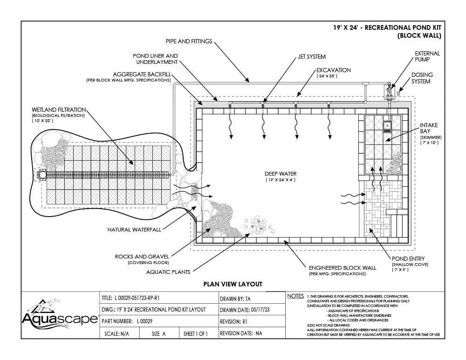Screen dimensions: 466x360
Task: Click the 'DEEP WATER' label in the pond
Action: click(281, 174)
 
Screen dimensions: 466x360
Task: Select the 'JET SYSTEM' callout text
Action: click(311, 57)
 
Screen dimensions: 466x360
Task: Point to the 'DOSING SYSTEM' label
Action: click(422, 78)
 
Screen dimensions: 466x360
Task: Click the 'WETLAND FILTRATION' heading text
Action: click(59, 110)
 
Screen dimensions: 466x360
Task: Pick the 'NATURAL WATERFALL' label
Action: click(134, 230)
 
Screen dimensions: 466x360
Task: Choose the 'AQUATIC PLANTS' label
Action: click(168, 272)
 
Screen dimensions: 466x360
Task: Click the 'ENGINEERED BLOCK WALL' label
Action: click(343, 268)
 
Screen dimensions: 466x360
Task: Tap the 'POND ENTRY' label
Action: click(408, 259)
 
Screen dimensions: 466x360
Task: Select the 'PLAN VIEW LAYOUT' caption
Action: click(233, 284)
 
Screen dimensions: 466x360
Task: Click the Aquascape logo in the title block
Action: click(60, 315)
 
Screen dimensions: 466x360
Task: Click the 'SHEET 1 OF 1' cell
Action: click(196, 333)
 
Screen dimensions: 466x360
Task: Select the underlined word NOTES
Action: click(295, 296)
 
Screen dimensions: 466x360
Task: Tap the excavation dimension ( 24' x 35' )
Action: click(327, 76)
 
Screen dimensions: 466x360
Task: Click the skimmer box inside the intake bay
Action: click(387, 127)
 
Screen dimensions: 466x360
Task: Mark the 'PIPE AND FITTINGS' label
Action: click(189, 41)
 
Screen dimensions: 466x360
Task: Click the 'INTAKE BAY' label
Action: click(429, 128)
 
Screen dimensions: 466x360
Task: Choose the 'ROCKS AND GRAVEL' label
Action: click(142, 257)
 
